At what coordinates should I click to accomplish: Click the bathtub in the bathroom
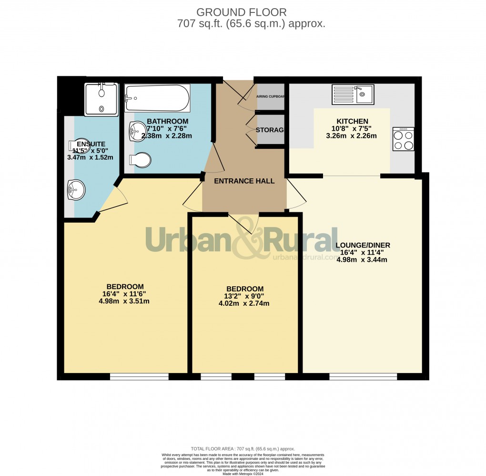157,98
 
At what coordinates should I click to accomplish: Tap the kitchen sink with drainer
353,94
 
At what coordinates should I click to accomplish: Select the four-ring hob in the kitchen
403,139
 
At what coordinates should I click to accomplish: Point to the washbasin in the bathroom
137,131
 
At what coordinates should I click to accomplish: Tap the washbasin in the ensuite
75,190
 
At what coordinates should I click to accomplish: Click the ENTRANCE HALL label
244,181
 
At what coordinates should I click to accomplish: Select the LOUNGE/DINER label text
363,245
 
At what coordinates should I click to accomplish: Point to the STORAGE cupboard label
270,130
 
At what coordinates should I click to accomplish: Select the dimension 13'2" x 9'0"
244,296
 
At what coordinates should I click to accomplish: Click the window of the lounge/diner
363,377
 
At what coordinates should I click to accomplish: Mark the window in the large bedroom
139,377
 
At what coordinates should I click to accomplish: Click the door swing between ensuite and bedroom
113,198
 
